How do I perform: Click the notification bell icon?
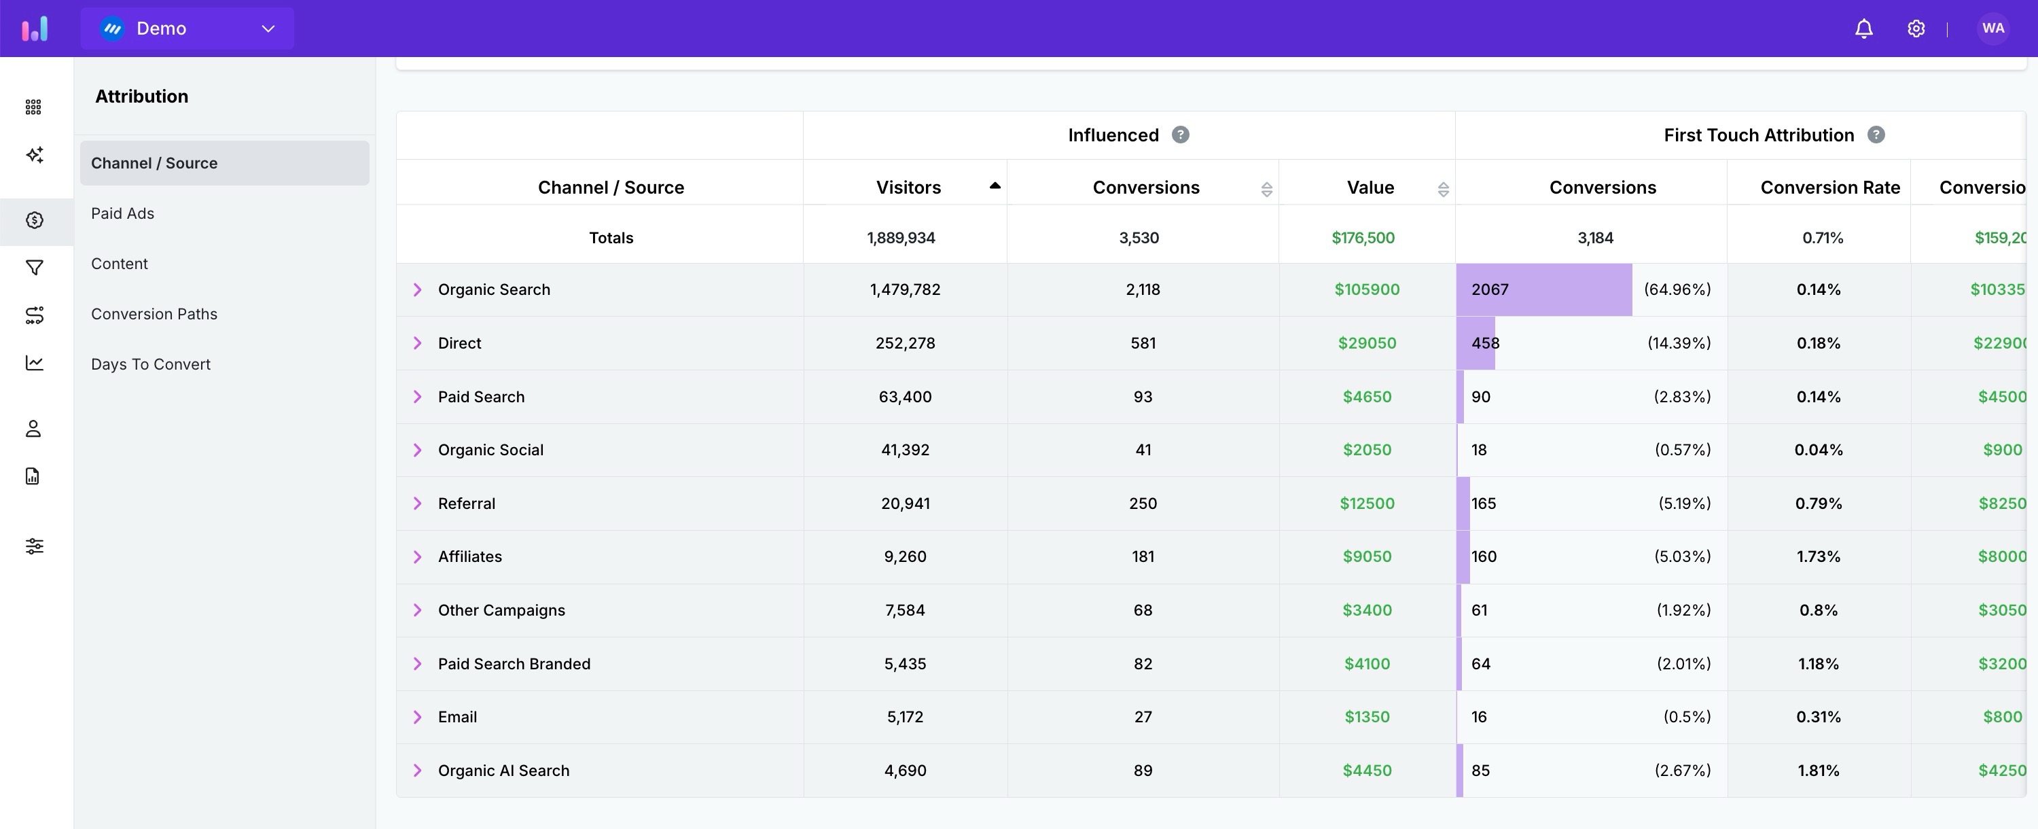tap(1863, 29)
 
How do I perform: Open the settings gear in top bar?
tap(1915, 29)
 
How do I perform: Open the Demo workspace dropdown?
tap(187, 29)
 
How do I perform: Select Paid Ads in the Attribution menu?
tap(123, 213)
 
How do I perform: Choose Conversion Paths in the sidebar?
tap(154, 314)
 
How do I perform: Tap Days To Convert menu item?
tap(150, 364)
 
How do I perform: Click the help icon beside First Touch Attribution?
tap(1875, 135)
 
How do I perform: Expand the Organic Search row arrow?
tap(417, 289)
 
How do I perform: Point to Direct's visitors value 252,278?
tap(905, 343)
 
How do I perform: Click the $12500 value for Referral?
tap(1366, 503)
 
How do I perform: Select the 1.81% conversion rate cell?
tap(1818, 771)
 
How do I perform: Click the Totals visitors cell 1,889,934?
tap(900, 238)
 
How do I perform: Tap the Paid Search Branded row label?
tap(514, 664)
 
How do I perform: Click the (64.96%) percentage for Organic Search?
tap(1677, 289)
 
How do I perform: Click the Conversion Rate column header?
tap(1829, 188)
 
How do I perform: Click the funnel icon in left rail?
tap(34, 268)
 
